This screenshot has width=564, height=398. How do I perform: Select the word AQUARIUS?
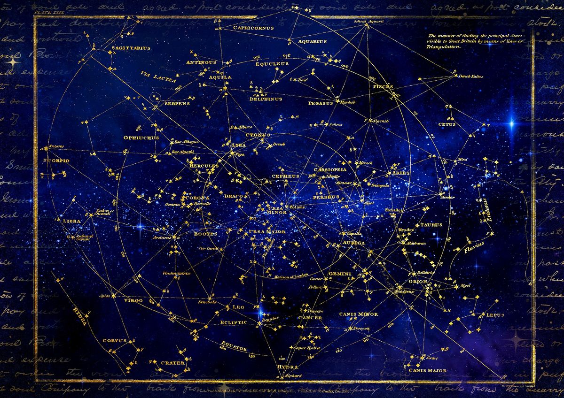click(312, 41)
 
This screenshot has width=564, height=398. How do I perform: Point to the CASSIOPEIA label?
click(330, 169)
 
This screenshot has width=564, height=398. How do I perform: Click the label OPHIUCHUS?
click(141, 138)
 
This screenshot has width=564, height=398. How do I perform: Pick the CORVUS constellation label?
click(115, 340)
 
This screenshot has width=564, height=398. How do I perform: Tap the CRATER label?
click(169, 362)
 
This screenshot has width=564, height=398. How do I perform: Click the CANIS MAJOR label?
click(427, 371)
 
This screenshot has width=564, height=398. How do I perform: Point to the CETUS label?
click(446, 124)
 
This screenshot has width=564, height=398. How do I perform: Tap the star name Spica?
click(104, 296)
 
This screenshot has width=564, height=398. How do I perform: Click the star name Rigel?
click(466, 285)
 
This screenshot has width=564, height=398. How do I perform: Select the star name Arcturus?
click(160, 237)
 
